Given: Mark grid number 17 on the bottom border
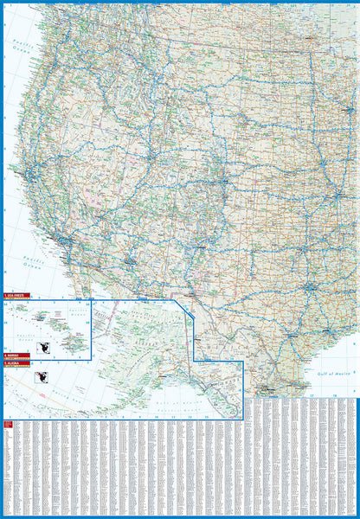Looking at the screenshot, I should tap(309, 394).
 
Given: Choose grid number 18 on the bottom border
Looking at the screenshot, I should tap(333, 394).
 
